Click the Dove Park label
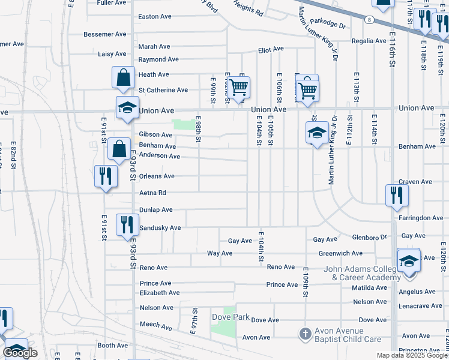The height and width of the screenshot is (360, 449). click(x=231, y=316)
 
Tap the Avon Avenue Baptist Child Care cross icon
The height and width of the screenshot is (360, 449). click(x=305, y=334)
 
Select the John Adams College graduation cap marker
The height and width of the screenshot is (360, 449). click(x=409, y=262)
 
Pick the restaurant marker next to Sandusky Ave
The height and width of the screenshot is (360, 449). click(x=126, y=225)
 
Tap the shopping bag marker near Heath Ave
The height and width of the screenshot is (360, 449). click(x=123, y=77)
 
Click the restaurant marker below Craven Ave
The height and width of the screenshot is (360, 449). click(x=397, y=195)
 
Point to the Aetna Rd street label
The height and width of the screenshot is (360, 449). click(x=152, y=193)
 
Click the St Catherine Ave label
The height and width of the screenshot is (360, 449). click(x=163, y=90)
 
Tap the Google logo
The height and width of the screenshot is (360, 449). click(x=20, y=353)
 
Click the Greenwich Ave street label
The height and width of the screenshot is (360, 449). click(x=340, y=253)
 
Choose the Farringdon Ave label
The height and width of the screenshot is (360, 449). click(x=421, y=218)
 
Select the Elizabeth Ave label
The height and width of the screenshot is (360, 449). click(x=159, y=293)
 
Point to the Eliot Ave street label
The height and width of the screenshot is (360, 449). click(x=271, y=49)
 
